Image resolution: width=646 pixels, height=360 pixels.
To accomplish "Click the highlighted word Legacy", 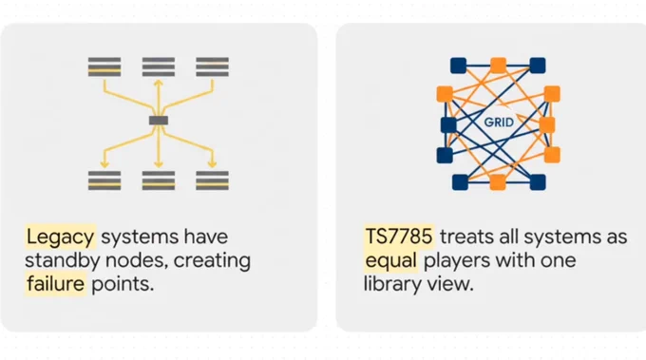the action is point(60,237).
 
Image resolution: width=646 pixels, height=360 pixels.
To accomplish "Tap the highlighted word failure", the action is point(56,284).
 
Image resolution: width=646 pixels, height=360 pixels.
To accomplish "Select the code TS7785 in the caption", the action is point(399,237).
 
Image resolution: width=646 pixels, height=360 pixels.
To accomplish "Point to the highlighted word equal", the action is point(390,260).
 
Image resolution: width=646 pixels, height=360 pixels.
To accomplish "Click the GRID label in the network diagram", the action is point(499,123).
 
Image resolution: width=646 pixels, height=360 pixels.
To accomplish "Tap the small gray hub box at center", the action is point(159,121).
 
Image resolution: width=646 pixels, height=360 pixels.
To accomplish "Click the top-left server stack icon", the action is point(104,66).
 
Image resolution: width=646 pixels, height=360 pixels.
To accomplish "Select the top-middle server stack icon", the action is point(159,66).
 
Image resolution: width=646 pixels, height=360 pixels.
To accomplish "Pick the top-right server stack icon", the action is point(212,66).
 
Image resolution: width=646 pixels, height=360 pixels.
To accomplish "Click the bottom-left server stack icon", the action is point(104,180).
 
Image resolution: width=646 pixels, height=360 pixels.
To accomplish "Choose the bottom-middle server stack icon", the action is point(159,180).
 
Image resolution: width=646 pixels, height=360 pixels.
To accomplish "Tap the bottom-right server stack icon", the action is point(212,180).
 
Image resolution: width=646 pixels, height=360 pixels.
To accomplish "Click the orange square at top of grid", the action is point(498,66).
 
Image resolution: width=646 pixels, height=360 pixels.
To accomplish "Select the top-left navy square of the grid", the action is point(458,66).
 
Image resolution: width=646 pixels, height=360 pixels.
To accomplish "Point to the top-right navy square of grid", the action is point(538,66).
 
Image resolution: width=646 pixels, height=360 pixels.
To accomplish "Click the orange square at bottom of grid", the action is point(498,182).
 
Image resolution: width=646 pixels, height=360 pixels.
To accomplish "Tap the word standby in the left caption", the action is point(63,261).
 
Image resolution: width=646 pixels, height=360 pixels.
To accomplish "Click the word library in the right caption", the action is point(391,284).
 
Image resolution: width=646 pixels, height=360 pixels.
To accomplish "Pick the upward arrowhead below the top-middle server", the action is point(159,83).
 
